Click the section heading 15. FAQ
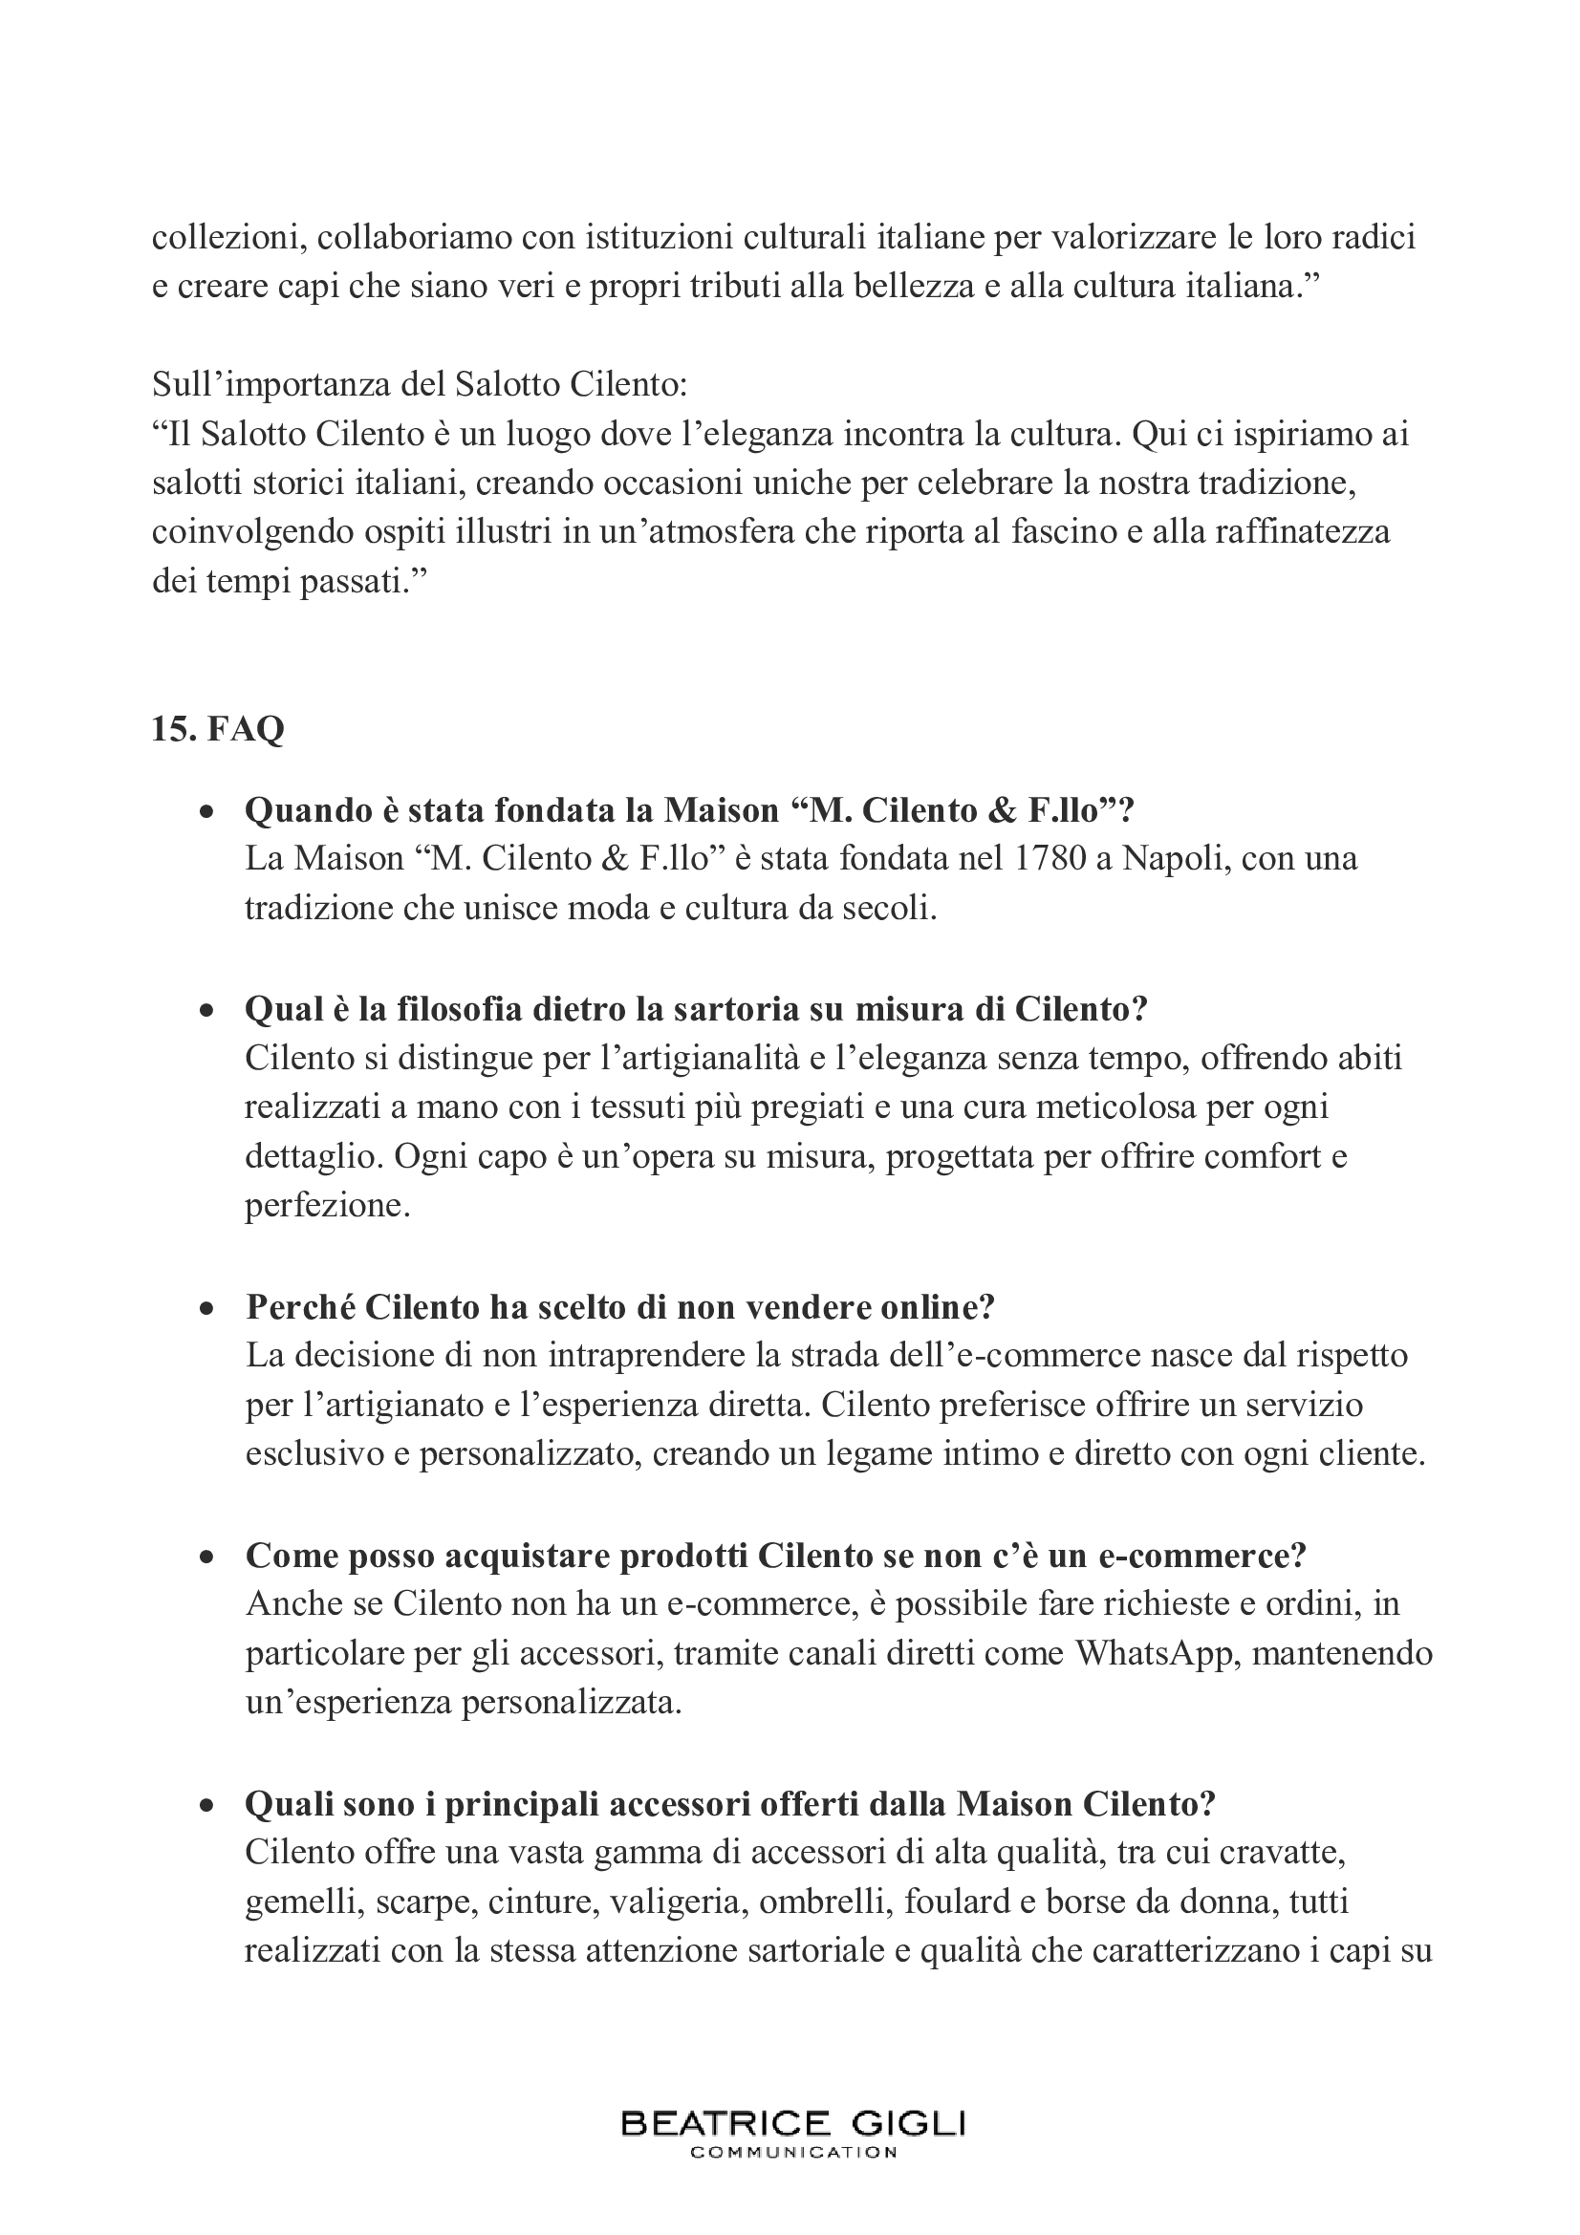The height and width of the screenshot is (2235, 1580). tap(218, 728)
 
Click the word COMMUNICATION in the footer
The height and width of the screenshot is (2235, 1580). tap(792, 2152)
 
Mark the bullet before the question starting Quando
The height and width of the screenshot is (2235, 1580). tap(206, 811)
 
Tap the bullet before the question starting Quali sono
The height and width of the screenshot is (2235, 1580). tap(206, 1804)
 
